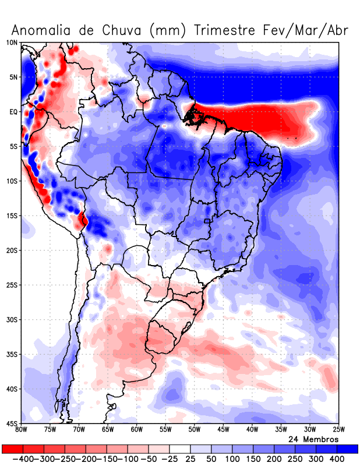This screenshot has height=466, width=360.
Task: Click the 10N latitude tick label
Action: click(12, 43)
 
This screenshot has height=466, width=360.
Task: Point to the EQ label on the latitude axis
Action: click(13, 112)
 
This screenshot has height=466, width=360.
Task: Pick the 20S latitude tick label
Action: click(12, 250)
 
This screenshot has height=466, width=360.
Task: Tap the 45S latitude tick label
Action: click(12, 423)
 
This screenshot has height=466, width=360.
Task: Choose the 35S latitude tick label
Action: click(12, 354)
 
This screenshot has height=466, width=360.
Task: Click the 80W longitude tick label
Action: click(22, 430)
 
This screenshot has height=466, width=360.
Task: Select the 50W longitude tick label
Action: click(194, 430)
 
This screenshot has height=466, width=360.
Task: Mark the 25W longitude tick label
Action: click(338, 430)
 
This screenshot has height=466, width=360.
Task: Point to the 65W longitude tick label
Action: click(108, 430)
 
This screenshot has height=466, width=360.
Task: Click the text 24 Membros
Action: click(313, 439)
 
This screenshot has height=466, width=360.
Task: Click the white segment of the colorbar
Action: click(180, 449)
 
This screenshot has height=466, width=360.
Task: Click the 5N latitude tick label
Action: click(13, 77)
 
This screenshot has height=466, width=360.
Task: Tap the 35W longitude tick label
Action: click(280, 430)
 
